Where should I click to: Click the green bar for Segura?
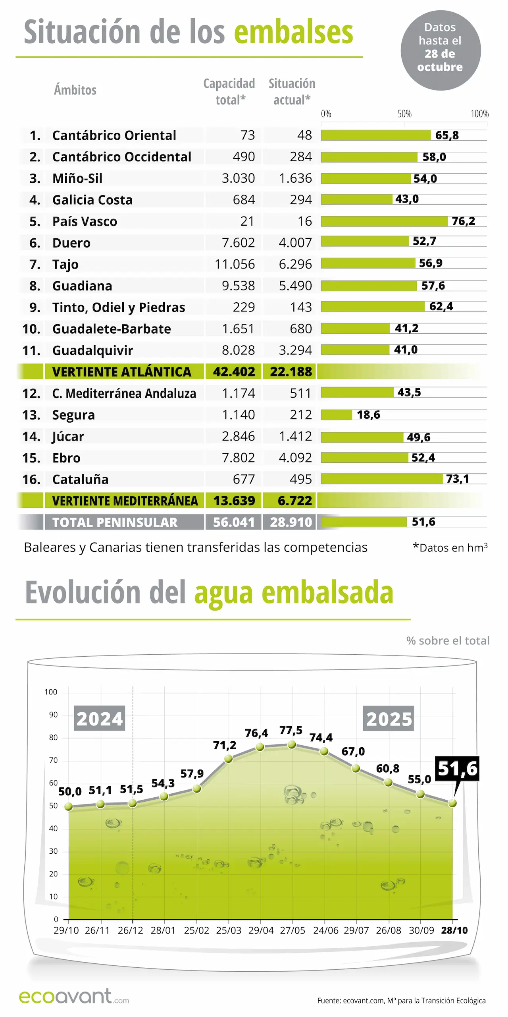[x=336, y=415]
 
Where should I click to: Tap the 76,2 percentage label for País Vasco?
[x=463, y=221]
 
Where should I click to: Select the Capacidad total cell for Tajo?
[x=235, y=264]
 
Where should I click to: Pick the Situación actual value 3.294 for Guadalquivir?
[x=295, y=350]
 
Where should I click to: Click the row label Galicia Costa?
[x=92, y=200]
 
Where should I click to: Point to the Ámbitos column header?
[x=75, y=90]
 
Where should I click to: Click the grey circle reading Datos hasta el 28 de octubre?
[x=440, y=50]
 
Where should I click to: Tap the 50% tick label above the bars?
[x=404, y=114]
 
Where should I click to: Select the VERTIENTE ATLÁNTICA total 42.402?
[x=234, y=372]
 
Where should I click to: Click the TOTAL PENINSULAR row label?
[x=115, y=522]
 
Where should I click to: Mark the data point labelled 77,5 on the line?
[x=292, y=744]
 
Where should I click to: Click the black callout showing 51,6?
[x=457, y=769]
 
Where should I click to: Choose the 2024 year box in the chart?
[x=100, y=719]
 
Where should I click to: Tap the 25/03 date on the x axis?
[x=229, y=930]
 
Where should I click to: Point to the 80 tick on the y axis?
[x=53, y=738]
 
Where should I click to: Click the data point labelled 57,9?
[x=197, y=789]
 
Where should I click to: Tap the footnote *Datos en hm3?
[x=450, y=548]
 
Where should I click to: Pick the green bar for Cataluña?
[x=381, y=479]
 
